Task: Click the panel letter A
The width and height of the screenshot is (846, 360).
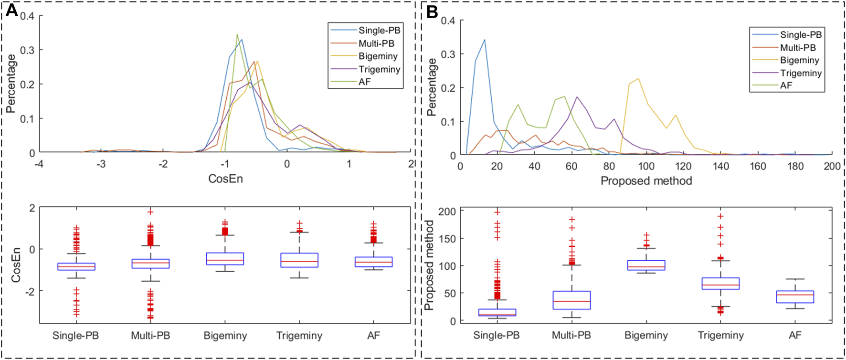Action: click(x=11, y=11)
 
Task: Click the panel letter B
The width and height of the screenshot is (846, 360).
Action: click(x=432, y=12)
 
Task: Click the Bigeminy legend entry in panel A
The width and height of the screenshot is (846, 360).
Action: click(x=378, y=56)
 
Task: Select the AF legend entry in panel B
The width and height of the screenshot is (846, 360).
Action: click(x=786, y=85)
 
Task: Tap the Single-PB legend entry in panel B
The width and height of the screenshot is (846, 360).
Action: click(x=801, y=34)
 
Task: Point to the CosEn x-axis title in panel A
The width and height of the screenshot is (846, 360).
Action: click(x=225, y=179)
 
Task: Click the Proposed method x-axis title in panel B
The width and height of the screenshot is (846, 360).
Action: click(x=646, y=180)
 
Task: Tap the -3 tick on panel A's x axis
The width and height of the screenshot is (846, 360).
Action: click(x=101, y=164)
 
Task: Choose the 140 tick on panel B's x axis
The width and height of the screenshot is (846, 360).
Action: click(x=720, y=166)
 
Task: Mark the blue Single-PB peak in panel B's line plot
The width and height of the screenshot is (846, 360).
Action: click(x=485, y=40)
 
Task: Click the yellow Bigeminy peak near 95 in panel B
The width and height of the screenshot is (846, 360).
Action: click(x=638, y=79)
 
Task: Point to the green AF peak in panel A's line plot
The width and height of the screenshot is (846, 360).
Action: click(x=237, y=35)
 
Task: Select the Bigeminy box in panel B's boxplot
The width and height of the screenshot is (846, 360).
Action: click(x=646, y=265)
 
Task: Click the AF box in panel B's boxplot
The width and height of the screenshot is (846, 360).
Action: click(x=795, y=296)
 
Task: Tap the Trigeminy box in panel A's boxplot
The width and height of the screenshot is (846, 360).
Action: click(x=299, y=260)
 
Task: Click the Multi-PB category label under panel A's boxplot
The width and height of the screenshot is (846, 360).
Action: click(x=150, y=335)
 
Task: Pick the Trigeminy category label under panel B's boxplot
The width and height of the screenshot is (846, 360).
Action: click(x=720, y=335)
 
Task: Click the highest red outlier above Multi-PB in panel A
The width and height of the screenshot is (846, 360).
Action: click(x=150, y=212)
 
